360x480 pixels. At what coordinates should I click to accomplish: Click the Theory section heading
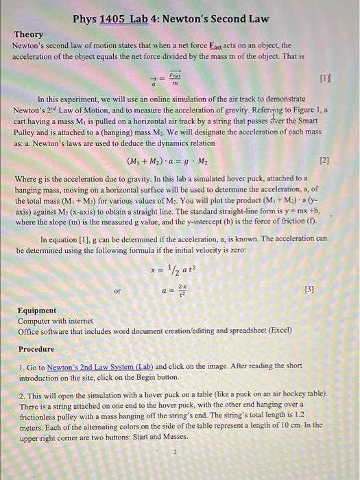coord(29,34)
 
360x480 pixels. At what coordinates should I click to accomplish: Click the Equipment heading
coord(37,311)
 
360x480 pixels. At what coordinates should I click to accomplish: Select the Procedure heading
coord(37,349)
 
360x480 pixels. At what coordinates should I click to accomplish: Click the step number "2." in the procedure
coord(21,396)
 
